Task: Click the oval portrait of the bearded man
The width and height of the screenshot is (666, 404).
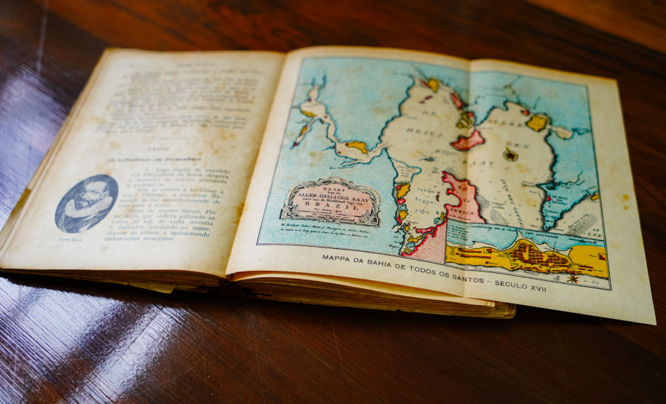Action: [87, 202]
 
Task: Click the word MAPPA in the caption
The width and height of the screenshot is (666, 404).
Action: [341, 258]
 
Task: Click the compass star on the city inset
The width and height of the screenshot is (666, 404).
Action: [572, 278]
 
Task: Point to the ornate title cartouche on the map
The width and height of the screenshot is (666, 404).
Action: [331, 199]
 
